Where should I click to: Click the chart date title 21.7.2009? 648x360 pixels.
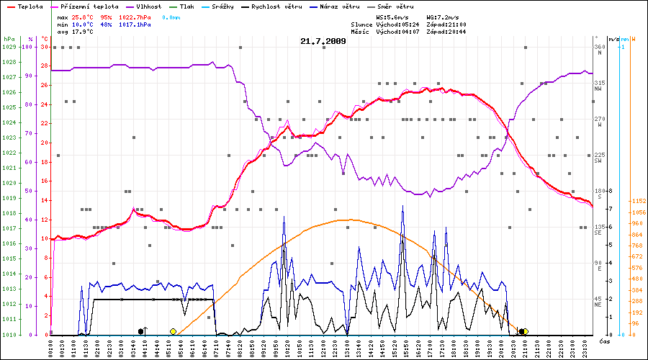click(323, 41)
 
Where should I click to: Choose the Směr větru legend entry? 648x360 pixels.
click(396, 6)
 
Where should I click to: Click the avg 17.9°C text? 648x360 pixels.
click(75, 32)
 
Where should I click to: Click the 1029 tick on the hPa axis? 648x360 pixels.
click(9, 47)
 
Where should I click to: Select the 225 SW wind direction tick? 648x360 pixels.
click(598, 157)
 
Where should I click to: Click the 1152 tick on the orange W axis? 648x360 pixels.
click(637, 202)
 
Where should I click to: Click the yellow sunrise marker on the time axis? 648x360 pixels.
click(173, 331)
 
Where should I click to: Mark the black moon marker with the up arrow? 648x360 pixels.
click(142, 331)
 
